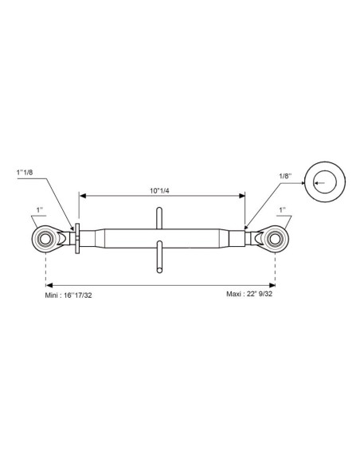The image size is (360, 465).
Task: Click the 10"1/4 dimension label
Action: [159, 190]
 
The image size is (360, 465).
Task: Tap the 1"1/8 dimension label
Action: [25, 172]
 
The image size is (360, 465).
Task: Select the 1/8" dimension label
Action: [285, 175]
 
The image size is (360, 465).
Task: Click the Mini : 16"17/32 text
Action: [68, 295]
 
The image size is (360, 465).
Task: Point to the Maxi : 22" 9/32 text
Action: [249, 294]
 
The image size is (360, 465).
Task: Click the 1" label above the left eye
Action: [40, 209]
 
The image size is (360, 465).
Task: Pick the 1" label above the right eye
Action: [282, 209]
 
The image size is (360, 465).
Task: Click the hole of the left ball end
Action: [45, 239]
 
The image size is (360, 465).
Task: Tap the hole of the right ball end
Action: [275, 239]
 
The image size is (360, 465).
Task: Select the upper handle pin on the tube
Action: [159, 218]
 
